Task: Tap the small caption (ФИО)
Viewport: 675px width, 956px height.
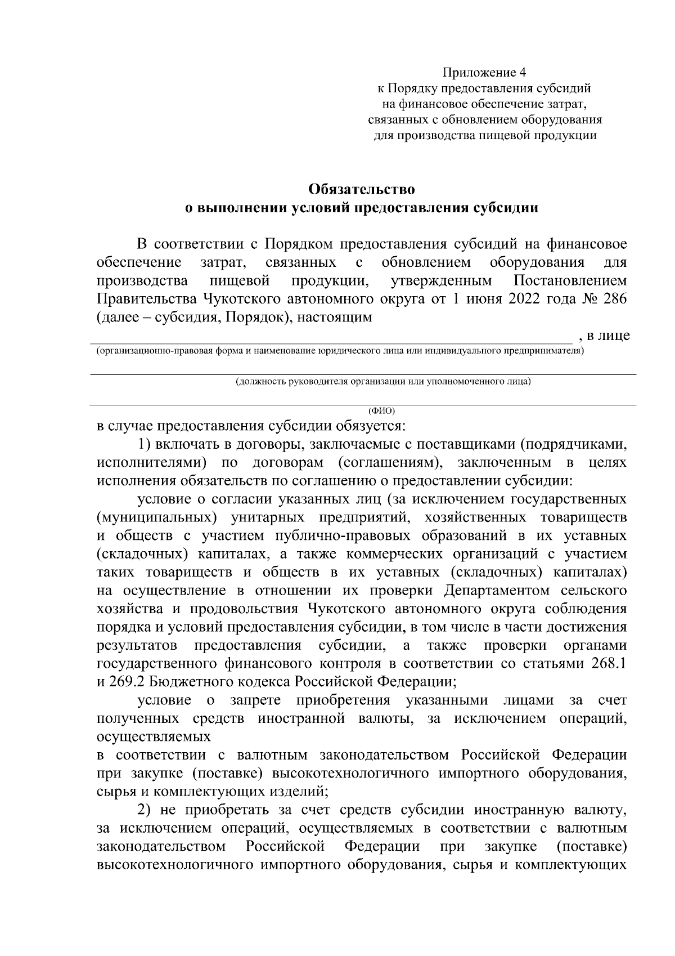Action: click(382, 410)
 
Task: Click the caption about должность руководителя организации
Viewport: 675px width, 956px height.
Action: click(383, 382)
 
